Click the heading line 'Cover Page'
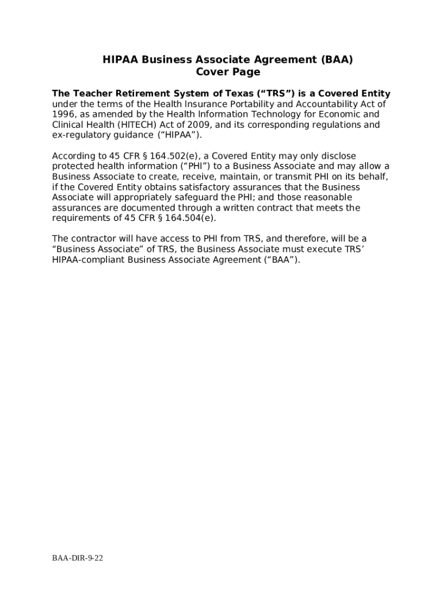[x=228, y=72]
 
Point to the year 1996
[x=63, y=114]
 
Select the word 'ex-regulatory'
[x=80, y=135]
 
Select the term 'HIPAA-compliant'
[x=89, y=259]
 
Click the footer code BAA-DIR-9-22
[x=78, y=559]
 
